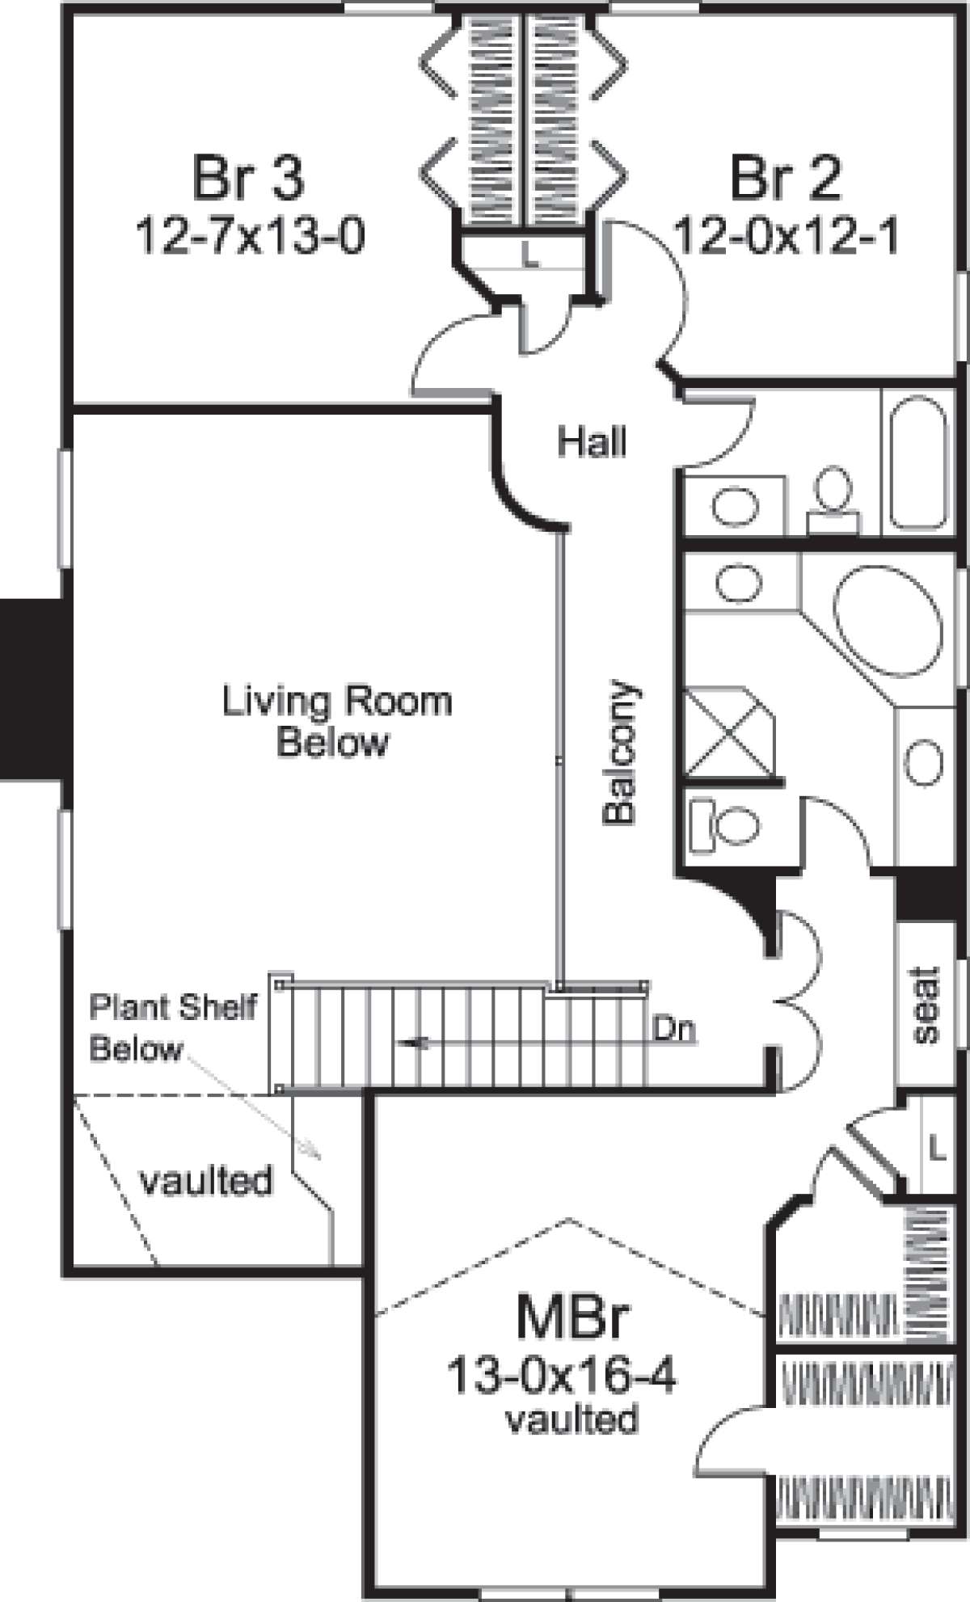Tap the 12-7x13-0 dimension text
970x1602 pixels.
coord(250,237)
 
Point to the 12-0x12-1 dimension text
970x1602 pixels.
coord(787,237)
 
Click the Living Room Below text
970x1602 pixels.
coord(336,721)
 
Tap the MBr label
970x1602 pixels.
coord(572,1318)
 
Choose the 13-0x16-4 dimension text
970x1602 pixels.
coord(562,1376)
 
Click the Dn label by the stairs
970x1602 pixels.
coord(674,1030)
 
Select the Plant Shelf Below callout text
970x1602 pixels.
coord(173,1028)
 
